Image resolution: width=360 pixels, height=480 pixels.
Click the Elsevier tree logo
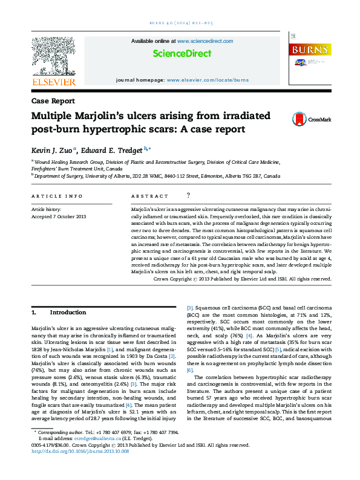coord(53,59)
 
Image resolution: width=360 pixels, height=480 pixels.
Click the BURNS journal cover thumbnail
coord(310,59)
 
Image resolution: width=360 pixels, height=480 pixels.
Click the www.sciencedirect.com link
coord(205,41)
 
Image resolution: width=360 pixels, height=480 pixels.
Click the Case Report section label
coord(53,101)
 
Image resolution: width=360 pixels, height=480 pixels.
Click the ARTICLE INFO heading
coord(56,196)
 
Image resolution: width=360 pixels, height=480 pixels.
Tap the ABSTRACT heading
coord(149,196)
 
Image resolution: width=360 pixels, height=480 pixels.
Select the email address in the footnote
coord(89,456)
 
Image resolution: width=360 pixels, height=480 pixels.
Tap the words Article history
coord(46,209)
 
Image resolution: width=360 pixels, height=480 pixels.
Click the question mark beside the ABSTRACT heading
coord(189,196)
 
